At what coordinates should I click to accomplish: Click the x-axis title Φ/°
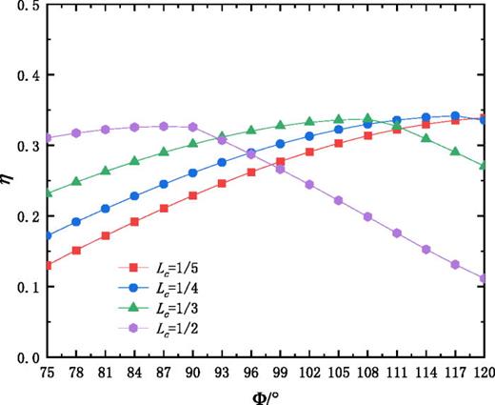pyautogui.click(x=267, y=394)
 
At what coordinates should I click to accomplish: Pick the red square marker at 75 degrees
pyautogui.click(x=49, y=266)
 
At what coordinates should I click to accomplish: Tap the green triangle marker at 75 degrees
pyautogui.click(x=49, y=193)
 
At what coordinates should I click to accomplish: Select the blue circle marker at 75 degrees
pyautogui.click(x=49, y=235)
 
